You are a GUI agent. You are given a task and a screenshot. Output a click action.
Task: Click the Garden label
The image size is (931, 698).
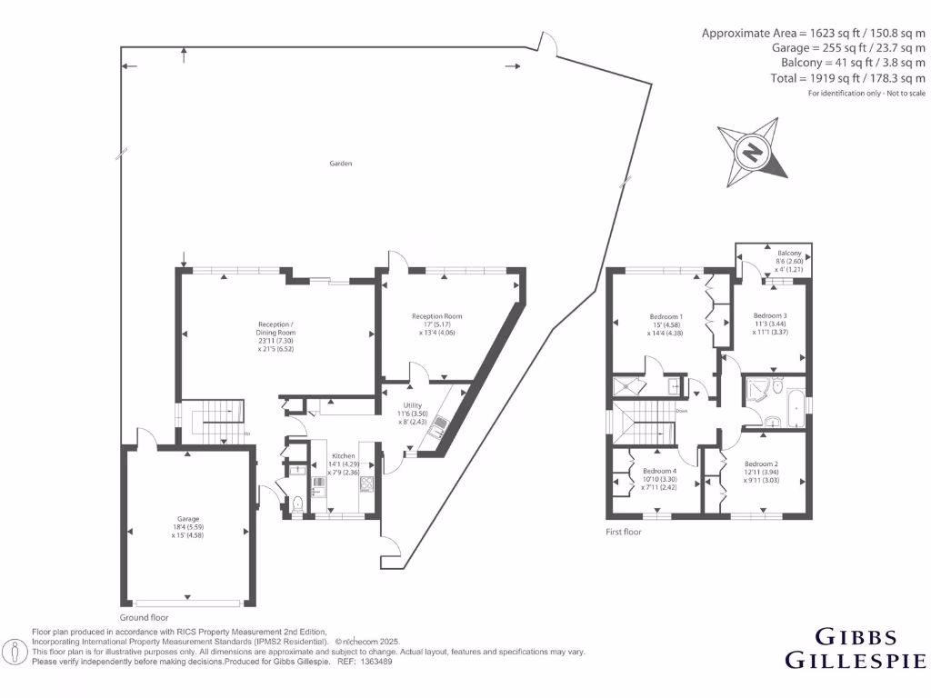pyautogui.click(x=341, y=164)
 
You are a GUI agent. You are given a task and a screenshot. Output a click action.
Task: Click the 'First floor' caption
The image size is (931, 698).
pyautogui.click(x=624, y=532)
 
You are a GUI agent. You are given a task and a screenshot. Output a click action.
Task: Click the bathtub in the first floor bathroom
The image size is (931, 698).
pyautogui.click(x=795, y=409)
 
